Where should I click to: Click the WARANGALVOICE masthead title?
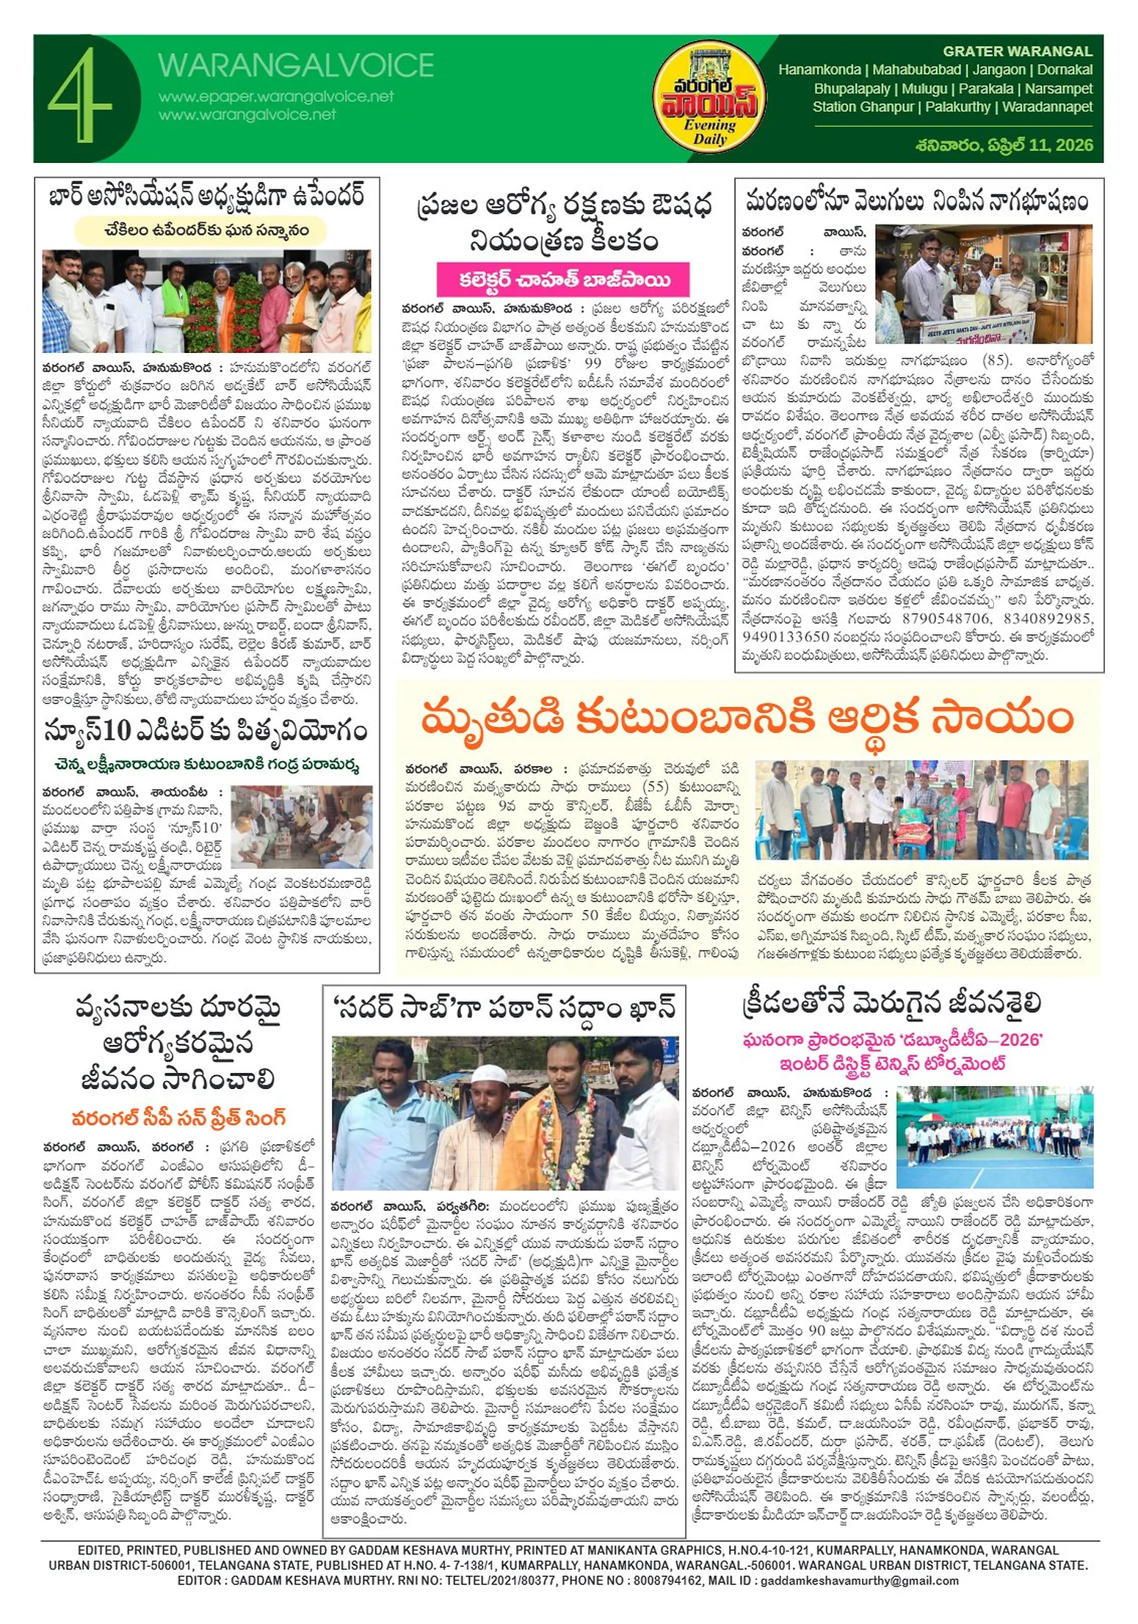pos(295,66)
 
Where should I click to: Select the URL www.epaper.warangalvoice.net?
pos(276,97)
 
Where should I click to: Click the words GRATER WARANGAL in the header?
pos(1017,51)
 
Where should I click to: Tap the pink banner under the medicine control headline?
pos(563,280)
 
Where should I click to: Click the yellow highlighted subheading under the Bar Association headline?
pos(200,230)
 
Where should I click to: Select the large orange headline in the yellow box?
pos(747,719)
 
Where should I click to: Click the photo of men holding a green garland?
pos(206,301)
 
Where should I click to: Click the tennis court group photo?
pos(994,1137)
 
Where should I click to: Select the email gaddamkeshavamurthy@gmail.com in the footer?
pos(859,1581)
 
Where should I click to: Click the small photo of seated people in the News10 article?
pos(301,826)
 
